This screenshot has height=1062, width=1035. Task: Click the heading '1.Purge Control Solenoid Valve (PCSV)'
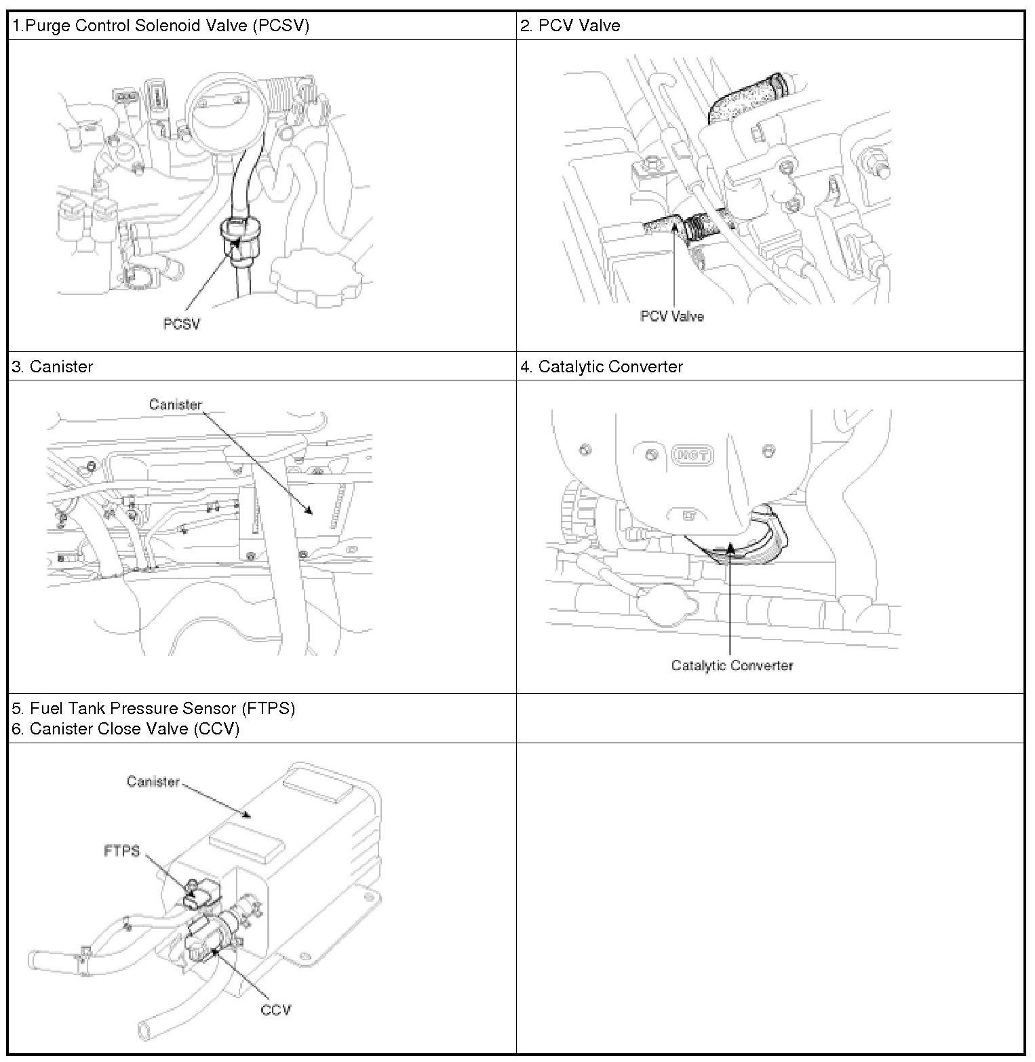161,26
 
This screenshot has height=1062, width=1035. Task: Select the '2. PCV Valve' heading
570,26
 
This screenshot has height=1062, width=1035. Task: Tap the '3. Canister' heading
52,367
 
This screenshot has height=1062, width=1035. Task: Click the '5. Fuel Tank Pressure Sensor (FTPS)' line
153,709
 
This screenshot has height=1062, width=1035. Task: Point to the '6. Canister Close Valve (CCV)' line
125,729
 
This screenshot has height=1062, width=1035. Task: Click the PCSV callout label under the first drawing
182,324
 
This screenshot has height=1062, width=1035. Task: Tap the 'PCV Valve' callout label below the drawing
671,317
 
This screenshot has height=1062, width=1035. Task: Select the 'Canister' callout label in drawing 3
176,405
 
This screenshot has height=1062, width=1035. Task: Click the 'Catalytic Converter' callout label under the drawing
732,665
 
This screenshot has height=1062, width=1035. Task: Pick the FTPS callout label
121,850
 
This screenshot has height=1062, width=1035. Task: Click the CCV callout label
275,1010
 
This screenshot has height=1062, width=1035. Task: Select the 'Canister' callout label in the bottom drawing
153,782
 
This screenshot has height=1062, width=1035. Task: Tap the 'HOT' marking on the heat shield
692,454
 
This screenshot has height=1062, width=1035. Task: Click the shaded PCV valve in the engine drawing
678,225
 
